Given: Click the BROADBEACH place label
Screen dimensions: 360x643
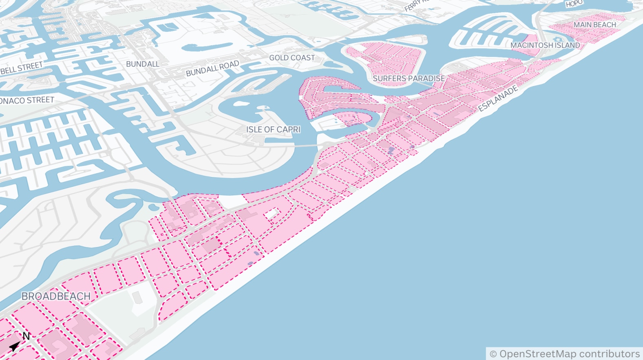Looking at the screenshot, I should [56, 296].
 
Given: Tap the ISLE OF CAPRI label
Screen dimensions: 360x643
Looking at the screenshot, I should [273, 130].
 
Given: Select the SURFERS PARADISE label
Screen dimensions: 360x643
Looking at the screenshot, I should [409, 78].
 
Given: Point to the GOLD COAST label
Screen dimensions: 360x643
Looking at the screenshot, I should [292, 58].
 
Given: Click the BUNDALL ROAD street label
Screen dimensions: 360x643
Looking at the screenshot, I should [212, 68].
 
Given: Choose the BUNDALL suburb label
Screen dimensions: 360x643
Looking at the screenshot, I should [142, 64].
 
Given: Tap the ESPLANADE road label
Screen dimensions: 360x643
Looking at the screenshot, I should [498, 98].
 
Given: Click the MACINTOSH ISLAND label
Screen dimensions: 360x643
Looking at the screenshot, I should [545, 45].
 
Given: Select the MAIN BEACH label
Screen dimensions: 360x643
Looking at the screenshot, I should [594, 25].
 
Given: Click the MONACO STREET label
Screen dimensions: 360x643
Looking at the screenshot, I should [27, 100].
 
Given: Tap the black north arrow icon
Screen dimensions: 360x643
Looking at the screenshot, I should [15, 346].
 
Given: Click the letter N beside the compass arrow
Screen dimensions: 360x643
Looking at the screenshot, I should [26, 336].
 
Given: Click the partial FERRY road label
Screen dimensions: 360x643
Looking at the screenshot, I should [416, 5].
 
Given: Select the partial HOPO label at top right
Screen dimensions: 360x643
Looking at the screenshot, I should [574, 4].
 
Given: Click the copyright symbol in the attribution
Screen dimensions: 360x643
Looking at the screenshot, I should [493, 354].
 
